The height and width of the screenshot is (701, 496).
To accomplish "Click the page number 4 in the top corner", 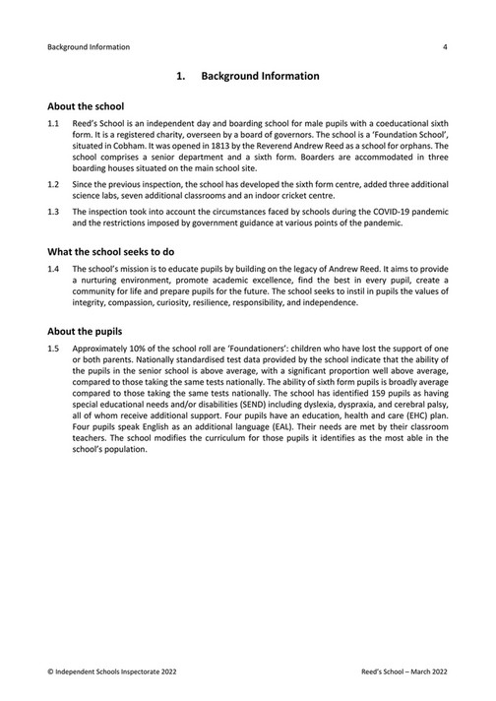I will pyautogui.click(x=446, y=46).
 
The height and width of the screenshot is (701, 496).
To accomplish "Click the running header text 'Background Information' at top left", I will pyautogui.click(x=88, y=46).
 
